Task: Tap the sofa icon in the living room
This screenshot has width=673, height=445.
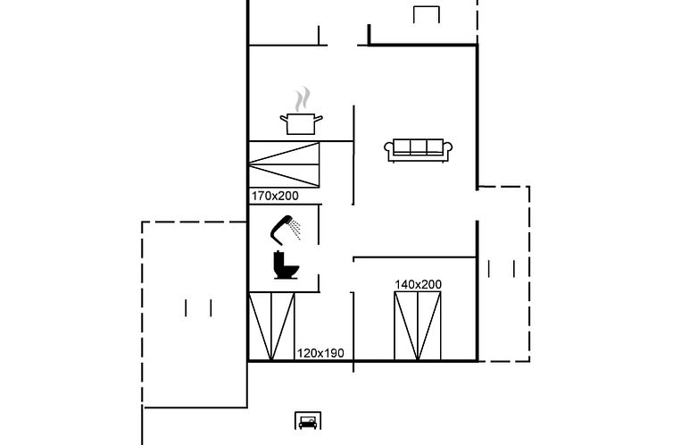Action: click(x=418, y=150)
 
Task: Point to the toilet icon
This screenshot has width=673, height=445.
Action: click(x=286, y=265)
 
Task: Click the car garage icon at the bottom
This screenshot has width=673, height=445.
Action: click(x=308, y=421)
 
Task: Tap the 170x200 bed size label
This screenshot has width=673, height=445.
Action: click(x=275, y=196)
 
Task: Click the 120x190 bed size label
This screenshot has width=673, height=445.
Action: click(x=320, y=353)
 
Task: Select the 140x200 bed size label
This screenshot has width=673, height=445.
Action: click(x=418, y=284)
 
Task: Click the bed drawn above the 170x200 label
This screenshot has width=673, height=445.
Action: click(x=284, y=164)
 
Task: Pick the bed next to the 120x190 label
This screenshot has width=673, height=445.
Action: click(x=271, y=326)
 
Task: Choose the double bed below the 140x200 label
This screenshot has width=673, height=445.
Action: click(x=418, y=326)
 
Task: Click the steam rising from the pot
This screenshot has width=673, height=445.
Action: click(x=303, y=99)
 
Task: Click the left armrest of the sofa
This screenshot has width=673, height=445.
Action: click(x=388, y=149)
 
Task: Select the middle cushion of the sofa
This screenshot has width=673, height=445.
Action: click(x=419, y=147)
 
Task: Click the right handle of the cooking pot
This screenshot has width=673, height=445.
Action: click(x=318, y=118)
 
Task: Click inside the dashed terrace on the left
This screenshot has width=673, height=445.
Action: click(x=195, y=314)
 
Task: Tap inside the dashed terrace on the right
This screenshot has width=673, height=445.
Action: click(x=503, y=273)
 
